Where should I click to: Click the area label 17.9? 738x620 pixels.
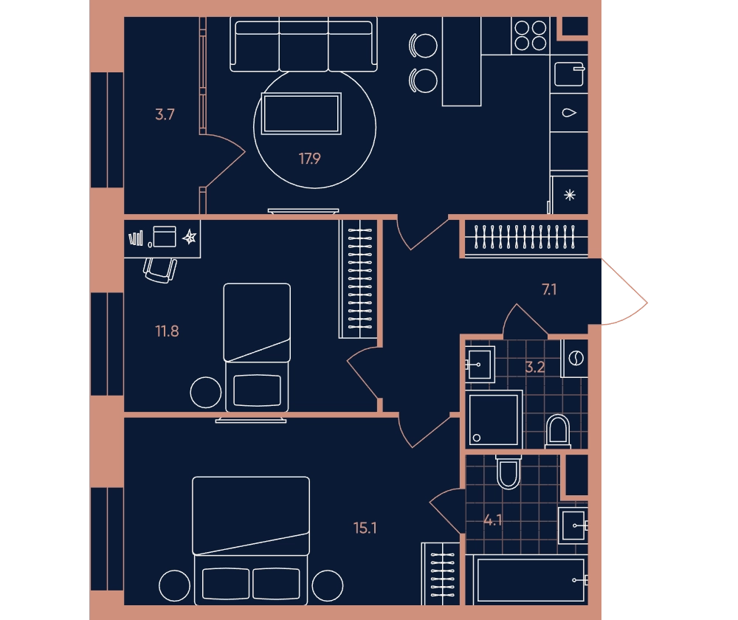[310, 159]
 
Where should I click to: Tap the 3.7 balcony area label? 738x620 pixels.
[165, 114]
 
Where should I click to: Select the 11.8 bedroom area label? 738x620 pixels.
[167, 331]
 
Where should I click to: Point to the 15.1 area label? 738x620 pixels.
[365, 528]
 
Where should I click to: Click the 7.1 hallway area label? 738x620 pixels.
[549, 289]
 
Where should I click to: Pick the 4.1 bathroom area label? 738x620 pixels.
[493, 520]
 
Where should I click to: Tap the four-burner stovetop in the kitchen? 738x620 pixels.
[531, 35]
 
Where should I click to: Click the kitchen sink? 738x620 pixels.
[570, 75]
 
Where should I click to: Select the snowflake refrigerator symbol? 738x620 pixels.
[570, 195]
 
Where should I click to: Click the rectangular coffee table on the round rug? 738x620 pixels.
[301, 114]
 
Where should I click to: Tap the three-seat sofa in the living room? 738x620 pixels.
[303, 45]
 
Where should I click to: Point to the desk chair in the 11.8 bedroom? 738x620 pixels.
[160, 270]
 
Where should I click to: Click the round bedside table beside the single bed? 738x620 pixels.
[206, 392]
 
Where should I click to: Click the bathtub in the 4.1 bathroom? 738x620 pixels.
[531, 579]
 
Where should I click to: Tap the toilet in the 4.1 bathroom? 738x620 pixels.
[508, 472]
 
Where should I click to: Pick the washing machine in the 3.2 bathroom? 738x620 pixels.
[575, 358]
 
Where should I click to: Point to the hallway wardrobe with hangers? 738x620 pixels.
[525, 238]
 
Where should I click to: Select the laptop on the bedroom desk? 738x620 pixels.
[165, 236]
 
